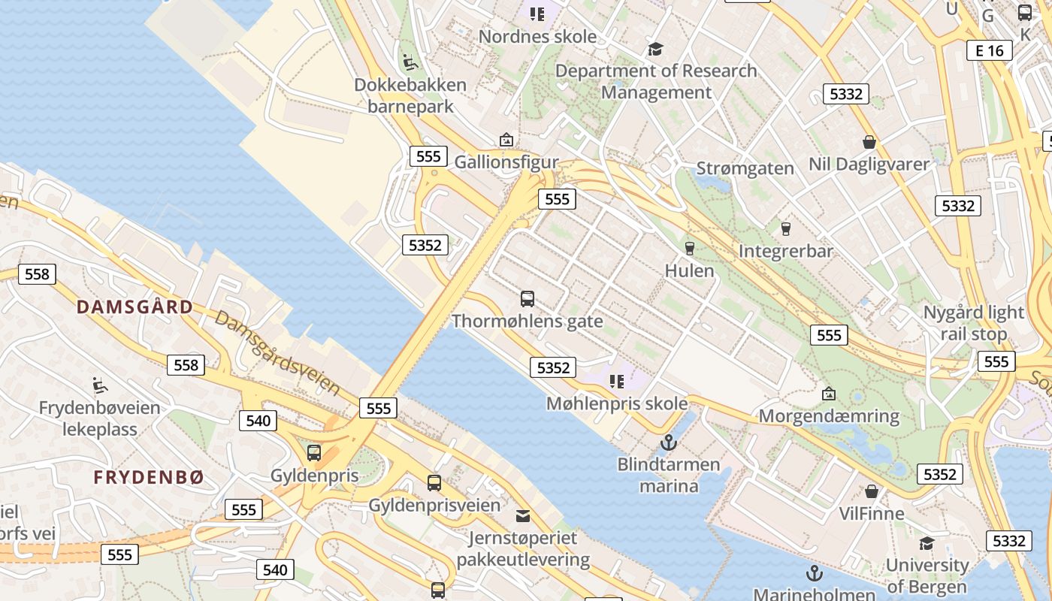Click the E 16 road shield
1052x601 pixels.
point(989,50)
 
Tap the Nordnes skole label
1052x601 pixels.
point(537,36)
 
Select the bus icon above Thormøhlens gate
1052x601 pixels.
point(528,299)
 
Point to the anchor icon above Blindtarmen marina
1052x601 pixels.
point(668,442)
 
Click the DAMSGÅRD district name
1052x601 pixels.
point(135,307)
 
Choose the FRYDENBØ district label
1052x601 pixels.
point(149,478)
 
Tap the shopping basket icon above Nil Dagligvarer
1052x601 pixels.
point(869,142)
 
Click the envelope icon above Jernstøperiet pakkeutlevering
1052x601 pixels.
point(522,515)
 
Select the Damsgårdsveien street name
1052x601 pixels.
point(277,352)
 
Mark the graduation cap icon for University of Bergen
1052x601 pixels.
point(927,543)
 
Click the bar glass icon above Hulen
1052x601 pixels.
point(689,249)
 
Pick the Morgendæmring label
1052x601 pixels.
point(829,416)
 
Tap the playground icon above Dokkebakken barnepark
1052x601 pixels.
point(410,62)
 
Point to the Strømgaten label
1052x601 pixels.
point(745,168)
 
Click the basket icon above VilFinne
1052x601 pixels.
point(872,491)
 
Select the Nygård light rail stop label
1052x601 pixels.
point(973,323)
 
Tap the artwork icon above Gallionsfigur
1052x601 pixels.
point(506,140)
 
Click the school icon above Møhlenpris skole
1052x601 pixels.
point(617,382)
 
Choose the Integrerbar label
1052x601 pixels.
point(786,251)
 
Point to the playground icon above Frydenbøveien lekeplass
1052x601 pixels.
point(99,385)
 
